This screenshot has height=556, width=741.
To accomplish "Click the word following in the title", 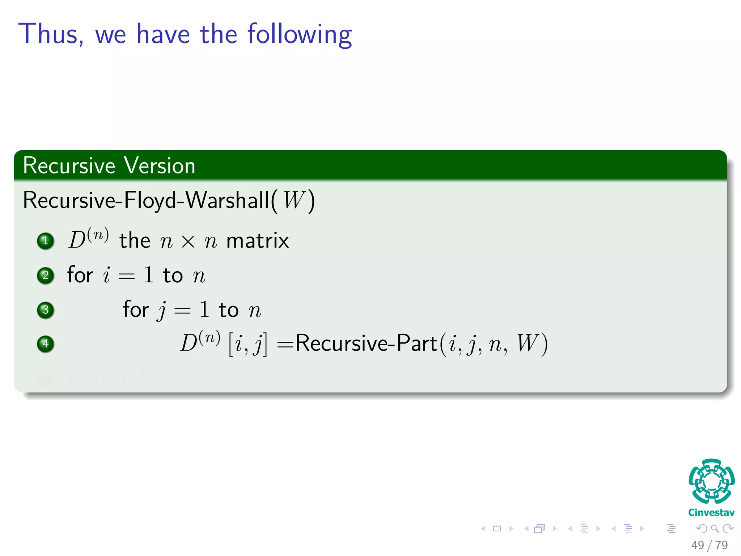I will click(300, 35).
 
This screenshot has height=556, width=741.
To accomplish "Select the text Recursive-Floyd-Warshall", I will click(146, 200).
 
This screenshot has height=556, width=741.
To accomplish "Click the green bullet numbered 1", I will click(46, 241).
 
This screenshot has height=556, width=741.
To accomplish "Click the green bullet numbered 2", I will click(46, 275).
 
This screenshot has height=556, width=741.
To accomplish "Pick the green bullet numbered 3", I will click(46, 310).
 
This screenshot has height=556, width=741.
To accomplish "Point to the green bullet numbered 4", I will click(46, 344).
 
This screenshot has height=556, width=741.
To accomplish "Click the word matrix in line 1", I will click(257, 241).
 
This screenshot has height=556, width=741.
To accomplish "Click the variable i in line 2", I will click(106, 275).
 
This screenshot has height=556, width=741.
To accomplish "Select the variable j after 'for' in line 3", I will click(162, 311).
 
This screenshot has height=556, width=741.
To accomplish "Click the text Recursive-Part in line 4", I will click(366, 343).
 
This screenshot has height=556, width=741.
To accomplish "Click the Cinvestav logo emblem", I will click(711, 481).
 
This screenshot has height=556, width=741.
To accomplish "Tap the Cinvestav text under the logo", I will click(711, 513).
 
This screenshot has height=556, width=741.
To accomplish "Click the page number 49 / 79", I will click(709, 545).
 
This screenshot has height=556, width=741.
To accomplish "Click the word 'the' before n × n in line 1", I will click(135, 241).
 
